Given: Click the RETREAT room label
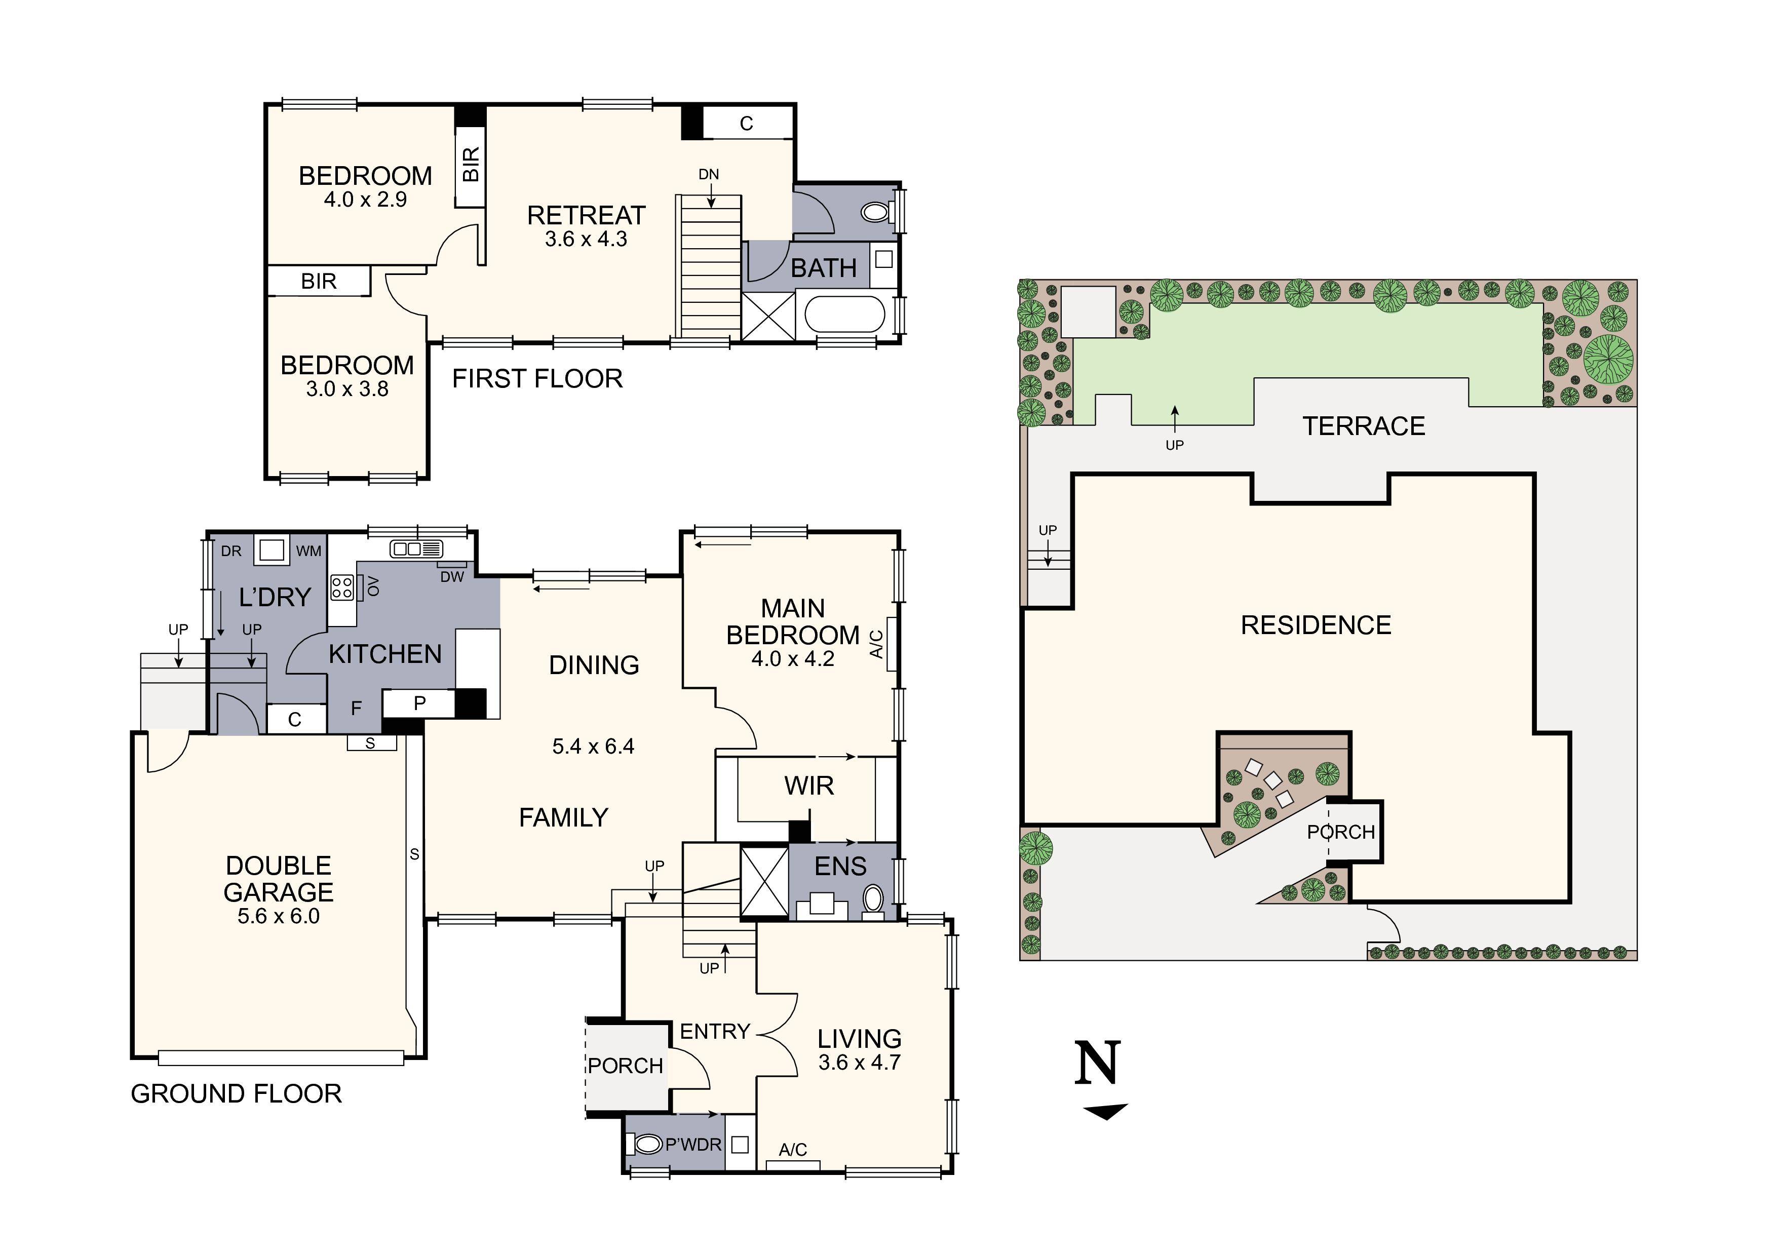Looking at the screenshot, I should click(586, 215).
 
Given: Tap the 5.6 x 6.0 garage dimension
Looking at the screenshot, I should click(278, 916).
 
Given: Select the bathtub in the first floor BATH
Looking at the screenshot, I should click(844, 315).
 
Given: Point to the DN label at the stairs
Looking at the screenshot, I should click(708, 175).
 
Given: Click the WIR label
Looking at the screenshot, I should click(809, 786).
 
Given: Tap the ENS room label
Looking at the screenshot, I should click(840, 867).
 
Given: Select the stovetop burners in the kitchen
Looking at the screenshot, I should click(342, 587).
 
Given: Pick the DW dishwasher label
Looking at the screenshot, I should click(452, 576).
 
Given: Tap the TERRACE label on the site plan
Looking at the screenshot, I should click(1363, 426).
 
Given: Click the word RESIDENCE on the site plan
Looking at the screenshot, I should click(1316, 625).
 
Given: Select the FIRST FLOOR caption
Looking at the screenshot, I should click(537, 379).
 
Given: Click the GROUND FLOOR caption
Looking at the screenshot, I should click(236, 1094).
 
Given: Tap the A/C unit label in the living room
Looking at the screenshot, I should click(793, 1150).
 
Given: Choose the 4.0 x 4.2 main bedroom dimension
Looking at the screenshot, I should click(793, 659).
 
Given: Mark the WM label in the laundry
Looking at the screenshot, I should click(309, 551).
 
